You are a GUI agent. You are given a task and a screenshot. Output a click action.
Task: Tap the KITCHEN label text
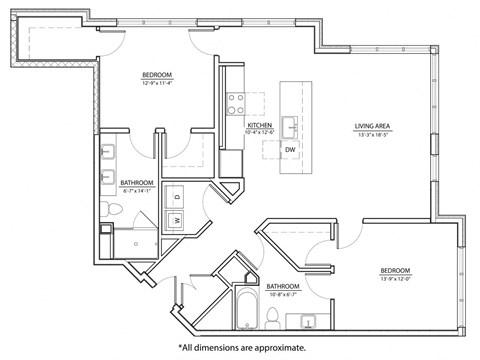[260, 125]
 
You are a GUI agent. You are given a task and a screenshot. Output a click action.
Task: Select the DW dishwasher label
[289, 150]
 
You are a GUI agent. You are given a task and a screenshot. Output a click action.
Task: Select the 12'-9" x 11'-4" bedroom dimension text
[159, 83]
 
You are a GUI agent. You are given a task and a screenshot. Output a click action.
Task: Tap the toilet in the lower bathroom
[272, 316]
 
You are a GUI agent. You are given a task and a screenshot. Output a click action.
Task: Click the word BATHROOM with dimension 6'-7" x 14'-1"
[137, 183]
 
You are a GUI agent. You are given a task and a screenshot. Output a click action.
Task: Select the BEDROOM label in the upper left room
[159, 75]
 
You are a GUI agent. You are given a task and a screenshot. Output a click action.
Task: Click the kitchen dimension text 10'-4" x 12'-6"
[260, 133]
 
